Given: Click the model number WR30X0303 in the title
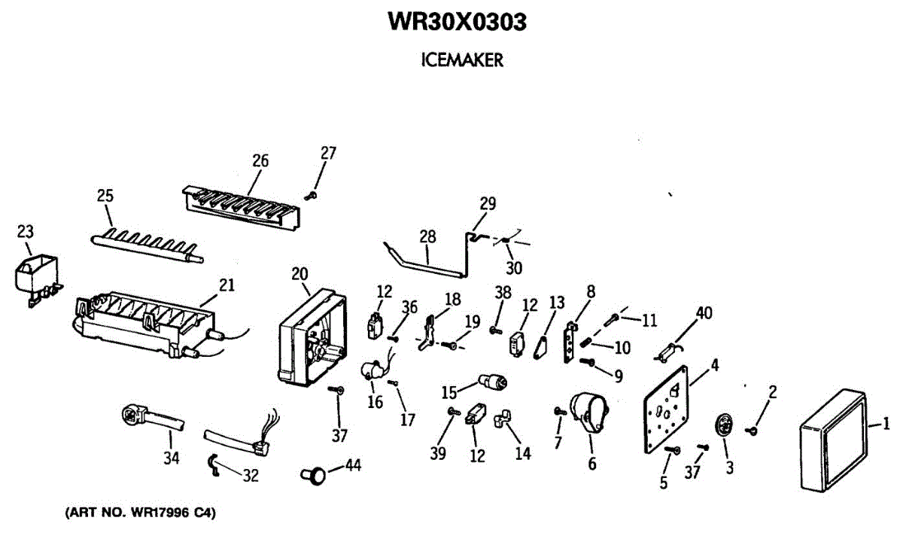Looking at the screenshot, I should [x=457, y=23].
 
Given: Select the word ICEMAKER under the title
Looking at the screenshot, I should [x=462, y=61].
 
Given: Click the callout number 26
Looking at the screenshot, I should [x=260, y=161].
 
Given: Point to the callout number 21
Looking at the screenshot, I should [x=227, y=285].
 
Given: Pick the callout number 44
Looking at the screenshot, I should [x=352, y=465].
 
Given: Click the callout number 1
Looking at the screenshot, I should [x=886, y=422].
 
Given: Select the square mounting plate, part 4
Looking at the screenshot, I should [x=668, y=411].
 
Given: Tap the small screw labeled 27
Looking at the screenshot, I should [x=310, y=196].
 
